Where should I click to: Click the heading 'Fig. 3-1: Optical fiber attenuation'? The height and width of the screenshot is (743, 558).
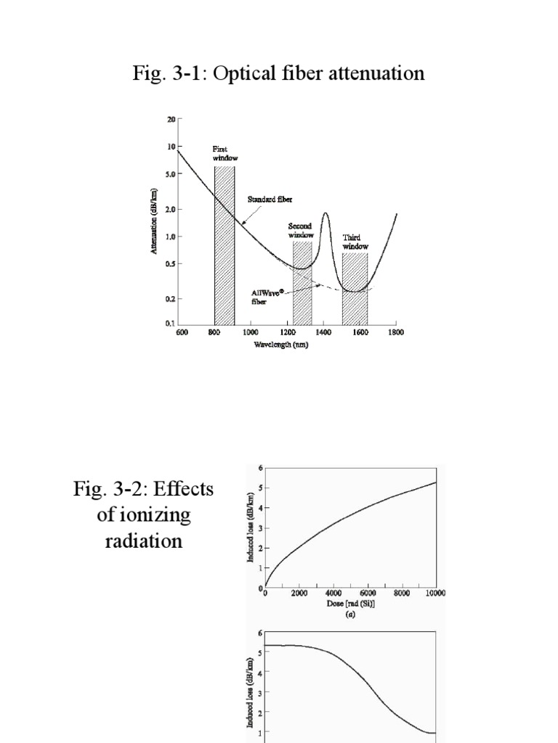click(279, 74)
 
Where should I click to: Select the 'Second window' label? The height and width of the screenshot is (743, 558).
click(300, 231)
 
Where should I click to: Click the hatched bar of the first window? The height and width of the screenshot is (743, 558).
click(224, 247)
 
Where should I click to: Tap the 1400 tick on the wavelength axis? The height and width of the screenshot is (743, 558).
click(323, 332)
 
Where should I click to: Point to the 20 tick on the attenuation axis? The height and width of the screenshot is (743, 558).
click(171, 119)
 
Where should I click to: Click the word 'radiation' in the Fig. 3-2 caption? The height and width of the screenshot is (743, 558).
click(143, 541)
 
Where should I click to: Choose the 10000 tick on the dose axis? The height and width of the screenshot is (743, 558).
click(434, 593)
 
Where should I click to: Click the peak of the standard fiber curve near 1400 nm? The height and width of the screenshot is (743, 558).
click(325, 213)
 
